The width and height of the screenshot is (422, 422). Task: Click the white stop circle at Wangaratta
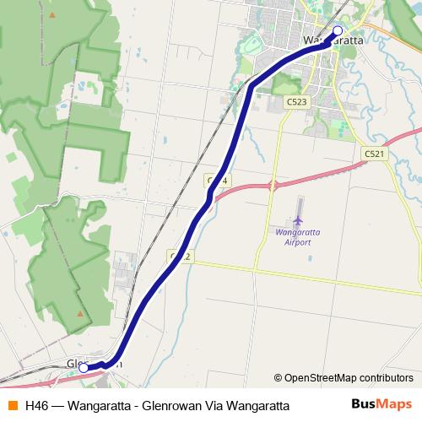[x=338, y=31]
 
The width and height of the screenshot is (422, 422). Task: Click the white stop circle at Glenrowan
[x=84, y=368]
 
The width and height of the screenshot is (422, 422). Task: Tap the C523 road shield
[x=296, y=101]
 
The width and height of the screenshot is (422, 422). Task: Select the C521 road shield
[x=375, y=154]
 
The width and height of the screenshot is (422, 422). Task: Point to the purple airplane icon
[x=298, y=220]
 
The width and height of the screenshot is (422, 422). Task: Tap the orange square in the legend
[x=12, y=406]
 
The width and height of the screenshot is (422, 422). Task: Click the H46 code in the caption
[x=37, y=406]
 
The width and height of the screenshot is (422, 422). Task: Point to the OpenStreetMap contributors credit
[x=343, y=378]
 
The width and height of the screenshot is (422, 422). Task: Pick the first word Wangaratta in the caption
[x=97, y=406]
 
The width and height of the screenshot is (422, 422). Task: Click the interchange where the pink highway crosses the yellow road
[x=273, y=185]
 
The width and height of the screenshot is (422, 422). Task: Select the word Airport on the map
[x=298, y=242]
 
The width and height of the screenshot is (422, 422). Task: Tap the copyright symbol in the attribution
[x=278, y=378]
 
